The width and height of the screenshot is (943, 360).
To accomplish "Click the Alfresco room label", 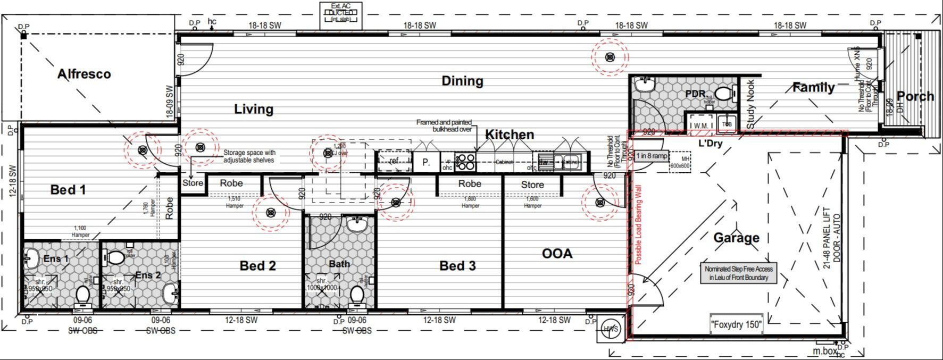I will pos(84,74).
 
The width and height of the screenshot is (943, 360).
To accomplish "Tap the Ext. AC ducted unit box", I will pos(340,15).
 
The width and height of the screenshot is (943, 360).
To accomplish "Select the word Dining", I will pos(462,81).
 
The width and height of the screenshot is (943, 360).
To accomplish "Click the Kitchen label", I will pos(509,135).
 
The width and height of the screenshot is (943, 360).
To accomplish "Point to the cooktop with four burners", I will pos(465,162).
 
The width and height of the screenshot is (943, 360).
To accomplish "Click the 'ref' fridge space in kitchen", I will pos(394,161).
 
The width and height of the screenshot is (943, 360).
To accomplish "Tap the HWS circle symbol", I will pos(611,329).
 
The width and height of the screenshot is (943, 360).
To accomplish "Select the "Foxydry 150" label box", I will pos(736,324).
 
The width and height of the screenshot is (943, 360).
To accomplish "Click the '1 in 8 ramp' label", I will pos(652,156).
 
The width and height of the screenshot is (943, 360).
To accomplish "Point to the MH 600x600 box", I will pos(679,162).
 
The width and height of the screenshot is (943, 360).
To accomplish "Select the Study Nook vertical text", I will pos(750,104).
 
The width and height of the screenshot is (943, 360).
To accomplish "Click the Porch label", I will pos(915,96).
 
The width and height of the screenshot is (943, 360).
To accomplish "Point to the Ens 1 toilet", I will pos(83,295).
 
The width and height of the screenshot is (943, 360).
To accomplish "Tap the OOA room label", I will pos(557,254).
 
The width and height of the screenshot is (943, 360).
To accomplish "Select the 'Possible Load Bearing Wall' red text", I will pos(638,224).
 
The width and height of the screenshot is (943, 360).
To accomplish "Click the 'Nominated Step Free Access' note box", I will pos(739,273).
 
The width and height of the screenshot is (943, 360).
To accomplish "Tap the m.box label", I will pos(824,350).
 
